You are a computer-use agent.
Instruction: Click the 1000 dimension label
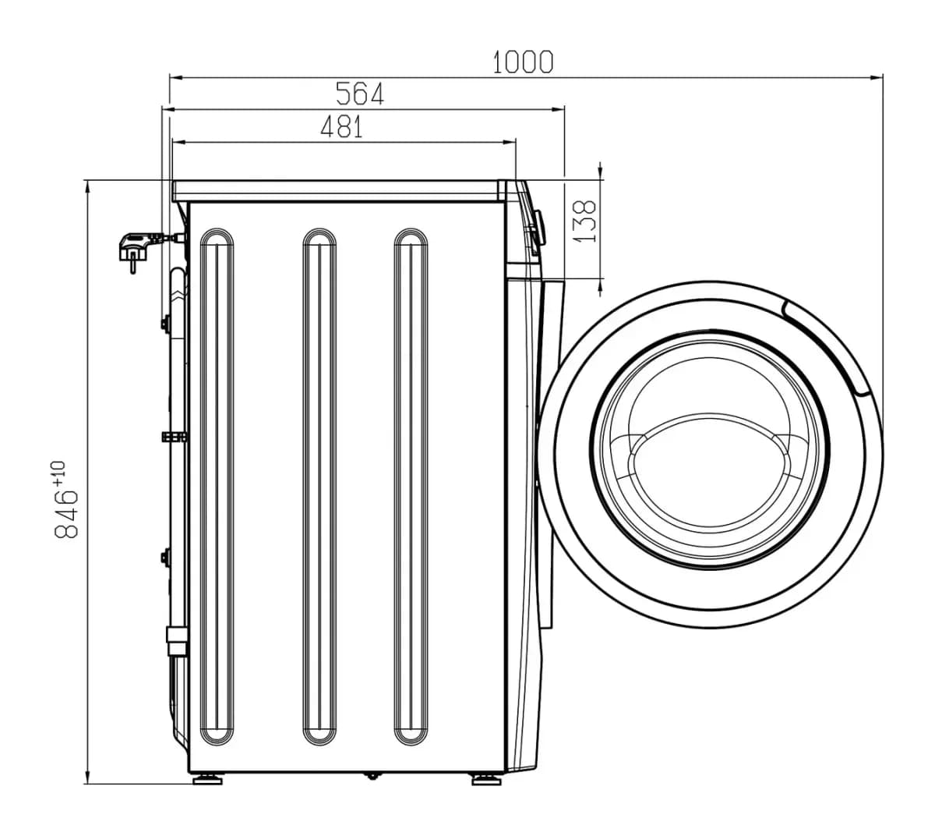tap(522, 62)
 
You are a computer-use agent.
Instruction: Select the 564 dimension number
tap(359, 94)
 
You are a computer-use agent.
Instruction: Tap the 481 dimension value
tap(341, 126)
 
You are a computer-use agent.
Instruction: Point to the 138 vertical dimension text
tap(584, 221)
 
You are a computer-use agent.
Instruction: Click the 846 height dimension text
tap(66, 514)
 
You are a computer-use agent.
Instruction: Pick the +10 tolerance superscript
tap(59, 473)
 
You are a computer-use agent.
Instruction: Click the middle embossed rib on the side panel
tap(319, 487)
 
